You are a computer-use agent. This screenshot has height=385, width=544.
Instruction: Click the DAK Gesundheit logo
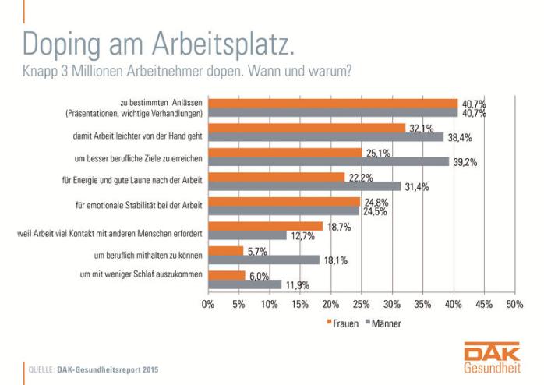pyautogui.click(x=487, y=359)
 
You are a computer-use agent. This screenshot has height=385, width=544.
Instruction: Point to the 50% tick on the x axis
pyautogui.click(x=514, y=304)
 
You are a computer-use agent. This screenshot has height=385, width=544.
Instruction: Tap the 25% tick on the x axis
pyautogui.click(x=361, y=304)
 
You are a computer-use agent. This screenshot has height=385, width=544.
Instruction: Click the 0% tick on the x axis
pyautogui.click(x=208, y=304)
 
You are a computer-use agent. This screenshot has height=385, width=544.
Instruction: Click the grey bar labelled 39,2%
pyautogui.click(x=328, y=161)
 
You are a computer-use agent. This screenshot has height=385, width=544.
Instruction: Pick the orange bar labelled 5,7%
pyautogui.click(x=225, y=250)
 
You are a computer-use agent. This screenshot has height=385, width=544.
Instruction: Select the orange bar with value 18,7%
pyautogui.click(x=265, y=226)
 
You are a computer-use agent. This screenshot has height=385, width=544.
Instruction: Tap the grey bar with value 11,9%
pyautogui.click(x=244, y=284)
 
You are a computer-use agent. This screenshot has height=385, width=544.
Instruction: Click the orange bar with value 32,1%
pyautogui.click(x=306, y=128)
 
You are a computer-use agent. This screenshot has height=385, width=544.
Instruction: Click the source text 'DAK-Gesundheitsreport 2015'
pyautogui.click(x=108, y=369)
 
